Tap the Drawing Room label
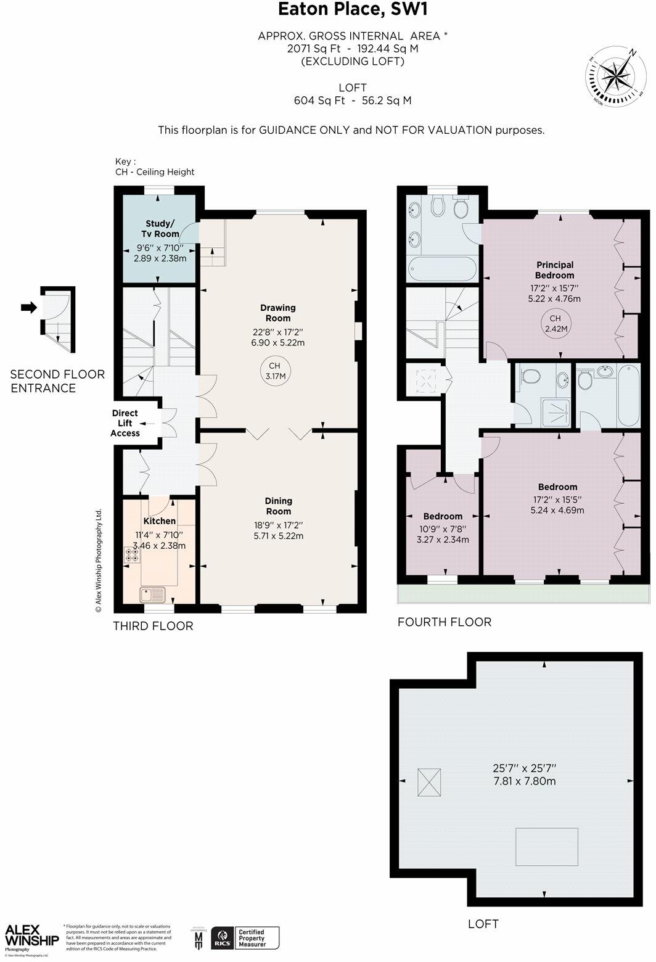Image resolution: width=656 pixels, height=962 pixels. [x=278, y=313]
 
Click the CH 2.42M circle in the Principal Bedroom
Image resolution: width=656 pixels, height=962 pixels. [x=555, y=324]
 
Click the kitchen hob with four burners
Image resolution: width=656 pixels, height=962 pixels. [x=133, y=554]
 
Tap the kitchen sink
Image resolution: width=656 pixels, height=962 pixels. [x=152, y=594]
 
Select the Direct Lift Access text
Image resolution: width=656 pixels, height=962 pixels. [x=125, y=423]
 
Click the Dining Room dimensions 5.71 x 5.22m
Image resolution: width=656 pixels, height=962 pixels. [x=278, y=536]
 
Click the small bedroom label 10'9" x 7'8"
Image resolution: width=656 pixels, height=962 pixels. [x=443, y=528]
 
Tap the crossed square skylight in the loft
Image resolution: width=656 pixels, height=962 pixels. [x=430, y=783]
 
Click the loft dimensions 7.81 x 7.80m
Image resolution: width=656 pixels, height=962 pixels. [x=524, y=781]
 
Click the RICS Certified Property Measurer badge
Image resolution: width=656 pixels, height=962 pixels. [x=245, y=937]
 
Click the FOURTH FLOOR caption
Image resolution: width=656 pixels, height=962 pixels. [x=444, y=622]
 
